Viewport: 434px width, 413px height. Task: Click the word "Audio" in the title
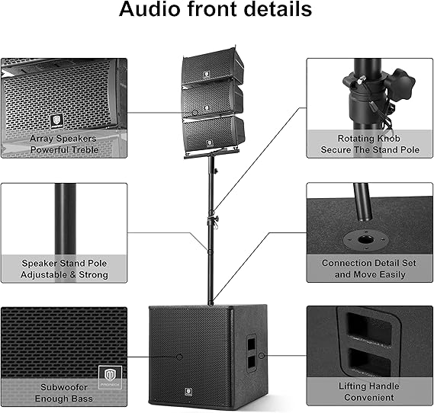[150, 9]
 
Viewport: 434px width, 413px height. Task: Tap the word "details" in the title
[278, 9]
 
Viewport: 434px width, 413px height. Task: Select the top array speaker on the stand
[212, 66]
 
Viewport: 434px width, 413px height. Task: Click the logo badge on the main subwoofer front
[188, 392]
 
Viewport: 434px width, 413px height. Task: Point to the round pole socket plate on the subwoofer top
[365, 240]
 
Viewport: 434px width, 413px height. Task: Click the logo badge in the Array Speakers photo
[56, 122]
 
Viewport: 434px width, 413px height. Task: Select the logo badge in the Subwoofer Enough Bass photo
[110, 376]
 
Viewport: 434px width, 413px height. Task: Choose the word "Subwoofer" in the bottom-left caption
[64, 387]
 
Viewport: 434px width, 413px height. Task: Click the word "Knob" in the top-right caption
[387, 138]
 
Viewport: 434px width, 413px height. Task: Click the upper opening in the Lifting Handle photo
[369, 329]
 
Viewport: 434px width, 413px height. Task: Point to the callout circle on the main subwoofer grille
[179, 357]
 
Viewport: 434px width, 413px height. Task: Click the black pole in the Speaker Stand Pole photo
[66, 219]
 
